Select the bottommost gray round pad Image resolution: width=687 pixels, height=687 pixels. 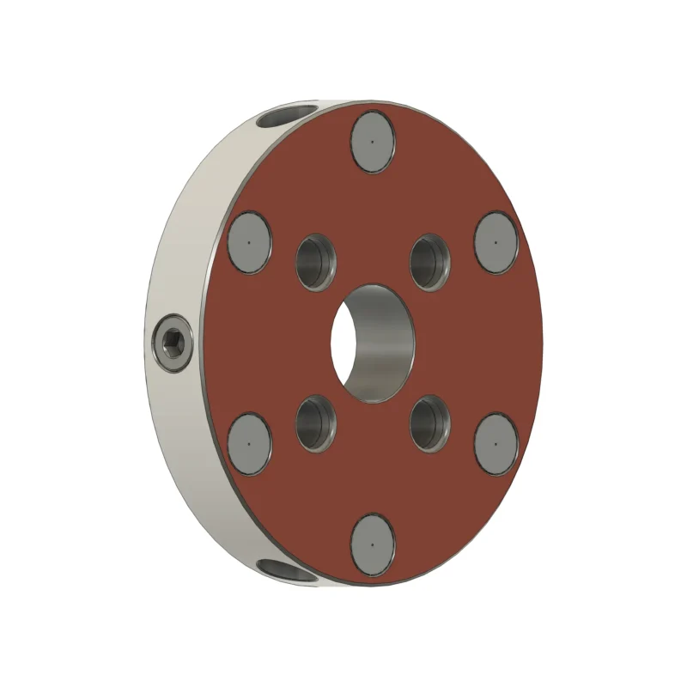point(373,545)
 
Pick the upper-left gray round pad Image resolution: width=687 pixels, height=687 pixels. point(250,242)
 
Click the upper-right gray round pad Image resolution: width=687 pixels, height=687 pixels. point(495,242)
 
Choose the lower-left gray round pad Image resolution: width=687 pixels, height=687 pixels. point(250,444)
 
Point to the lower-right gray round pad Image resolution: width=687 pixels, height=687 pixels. point(495,444)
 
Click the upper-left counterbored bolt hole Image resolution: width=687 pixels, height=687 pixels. point(316,262)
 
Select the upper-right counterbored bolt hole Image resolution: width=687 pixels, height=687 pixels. point(430,262)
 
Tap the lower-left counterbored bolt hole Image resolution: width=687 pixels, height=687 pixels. point(316,423)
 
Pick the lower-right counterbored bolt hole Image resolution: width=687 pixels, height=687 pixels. point(430,423)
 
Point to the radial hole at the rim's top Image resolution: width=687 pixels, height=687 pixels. point(288,116)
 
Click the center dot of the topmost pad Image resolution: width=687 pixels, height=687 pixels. point(373,143)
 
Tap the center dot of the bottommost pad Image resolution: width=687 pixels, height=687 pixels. point(373,545)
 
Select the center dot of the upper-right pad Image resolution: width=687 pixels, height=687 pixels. point(495,242)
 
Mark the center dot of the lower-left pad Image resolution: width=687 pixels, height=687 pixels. point(249,444)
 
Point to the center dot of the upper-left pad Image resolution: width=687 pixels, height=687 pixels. point(249,242)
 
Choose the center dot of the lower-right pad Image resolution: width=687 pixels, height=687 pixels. point(495,444)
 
